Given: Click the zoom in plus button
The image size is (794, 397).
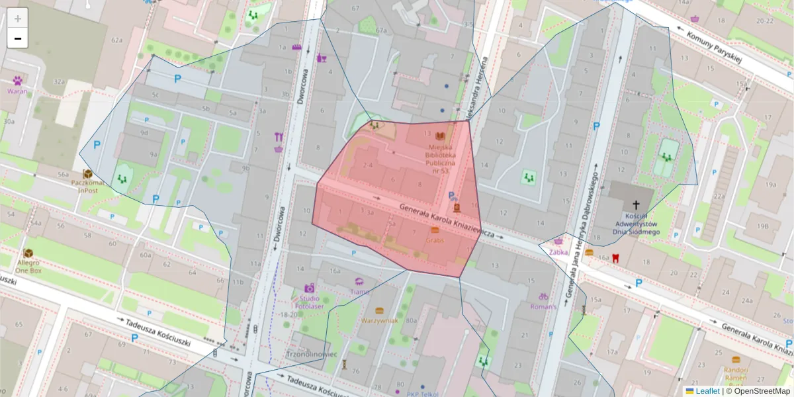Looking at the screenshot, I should (x=18, y=19).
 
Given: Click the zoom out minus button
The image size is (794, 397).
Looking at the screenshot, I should (x=18, y=38).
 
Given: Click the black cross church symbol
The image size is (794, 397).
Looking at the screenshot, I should (x=637, y=205).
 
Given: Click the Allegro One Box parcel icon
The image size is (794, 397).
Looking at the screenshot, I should (x=28, y=253).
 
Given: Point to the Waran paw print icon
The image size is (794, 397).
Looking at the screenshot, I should (x=17, y=80).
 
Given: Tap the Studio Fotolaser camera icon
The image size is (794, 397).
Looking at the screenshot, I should (x=309, y=288).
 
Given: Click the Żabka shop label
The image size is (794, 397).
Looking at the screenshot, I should (x=559, y=251).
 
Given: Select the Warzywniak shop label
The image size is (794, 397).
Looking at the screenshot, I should (x=379, y=321).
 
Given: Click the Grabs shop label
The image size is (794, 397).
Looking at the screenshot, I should (x=435, y=240).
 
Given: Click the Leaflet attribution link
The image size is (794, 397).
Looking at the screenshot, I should (x=707, y=391).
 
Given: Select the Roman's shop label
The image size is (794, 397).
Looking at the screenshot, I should (x=543, y=306).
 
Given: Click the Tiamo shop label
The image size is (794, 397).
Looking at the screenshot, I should (x=360, y=292).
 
